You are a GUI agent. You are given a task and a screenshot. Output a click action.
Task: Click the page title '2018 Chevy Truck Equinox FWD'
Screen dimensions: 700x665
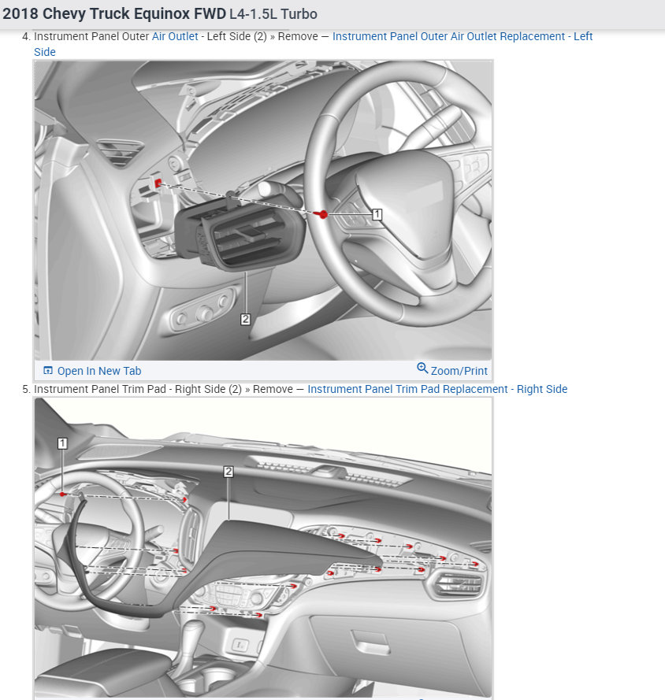[114, 14]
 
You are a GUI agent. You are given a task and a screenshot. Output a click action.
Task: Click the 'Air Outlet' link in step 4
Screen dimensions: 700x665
[175, 36]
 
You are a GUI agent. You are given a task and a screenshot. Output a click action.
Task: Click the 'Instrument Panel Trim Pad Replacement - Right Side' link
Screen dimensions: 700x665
[437, 389]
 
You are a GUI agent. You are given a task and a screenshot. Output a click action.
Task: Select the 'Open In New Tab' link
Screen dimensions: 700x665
[98, 371]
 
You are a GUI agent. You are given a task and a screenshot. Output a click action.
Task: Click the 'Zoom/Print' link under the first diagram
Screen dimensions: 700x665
[459, 371]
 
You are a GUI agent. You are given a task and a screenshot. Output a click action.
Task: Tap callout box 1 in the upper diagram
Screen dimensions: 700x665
[377, 213]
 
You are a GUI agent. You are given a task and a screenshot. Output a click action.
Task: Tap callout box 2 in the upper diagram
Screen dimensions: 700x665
[246, 319]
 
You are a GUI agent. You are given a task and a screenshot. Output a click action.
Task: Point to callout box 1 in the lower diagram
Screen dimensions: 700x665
[62, 443]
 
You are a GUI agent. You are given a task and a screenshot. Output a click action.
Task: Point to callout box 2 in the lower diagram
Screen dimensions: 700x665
[228, 471]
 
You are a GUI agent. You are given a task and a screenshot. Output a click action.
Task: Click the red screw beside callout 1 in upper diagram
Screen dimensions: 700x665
[322, 214]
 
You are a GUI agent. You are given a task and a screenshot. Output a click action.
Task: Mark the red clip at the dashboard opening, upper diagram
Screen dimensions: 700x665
[158, 183]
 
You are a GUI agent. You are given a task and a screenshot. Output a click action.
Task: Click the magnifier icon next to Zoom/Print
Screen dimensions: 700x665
[422, 369]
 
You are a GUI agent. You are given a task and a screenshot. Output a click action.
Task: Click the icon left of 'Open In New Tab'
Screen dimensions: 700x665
[48, 371]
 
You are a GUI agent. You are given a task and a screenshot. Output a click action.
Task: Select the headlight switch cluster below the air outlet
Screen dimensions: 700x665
[203, 312]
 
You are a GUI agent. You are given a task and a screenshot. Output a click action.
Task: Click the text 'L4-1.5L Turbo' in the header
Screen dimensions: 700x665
[273, 14]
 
